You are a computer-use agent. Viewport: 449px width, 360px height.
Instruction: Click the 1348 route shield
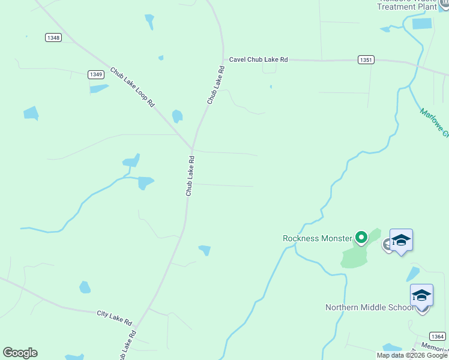tap(53, 37)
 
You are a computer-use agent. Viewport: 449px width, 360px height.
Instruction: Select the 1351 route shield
tap(366, 60)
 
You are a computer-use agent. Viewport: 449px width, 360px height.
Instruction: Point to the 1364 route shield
tap(437, 337)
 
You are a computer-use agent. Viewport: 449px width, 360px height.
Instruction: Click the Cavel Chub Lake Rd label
tap(258, 59)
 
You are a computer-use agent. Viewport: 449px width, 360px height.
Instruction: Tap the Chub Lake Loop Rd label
tap(132, 87)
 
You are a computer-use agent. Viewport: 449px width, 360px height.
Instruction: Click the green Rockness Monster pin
tap(361, 238)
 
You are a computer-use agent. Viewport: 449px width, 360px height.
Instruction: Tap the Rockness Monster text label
tap(317, 238)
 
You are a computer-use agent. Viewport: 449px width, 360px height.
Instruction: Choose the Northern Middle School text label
tap(369, 307)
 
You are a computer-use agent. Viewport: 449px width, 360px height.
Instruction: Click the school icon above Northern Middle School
tap(421, 295)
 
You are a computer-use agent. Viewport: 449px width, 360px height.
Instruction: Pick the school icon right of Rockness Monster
tap(401, 241)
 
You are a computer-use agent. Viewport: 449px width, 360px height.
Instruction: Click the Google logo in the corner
tap(20, 353)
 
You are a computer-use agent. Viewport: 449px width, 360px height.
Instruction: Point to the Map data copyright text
tap(412, 355)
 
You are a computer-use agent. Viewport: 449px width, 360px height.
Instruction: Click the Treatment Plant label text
tap(405, 6)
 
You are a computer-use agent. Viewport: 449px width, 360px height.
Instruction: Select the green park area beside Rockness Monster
tap(355, 256)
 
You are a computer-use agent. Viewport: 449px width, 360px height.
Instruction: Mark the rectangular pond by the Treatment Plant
tap(422, 24)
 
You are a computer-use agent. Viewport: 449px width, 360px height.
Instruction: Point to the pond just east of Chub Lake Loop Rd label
tap(177, 116)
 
